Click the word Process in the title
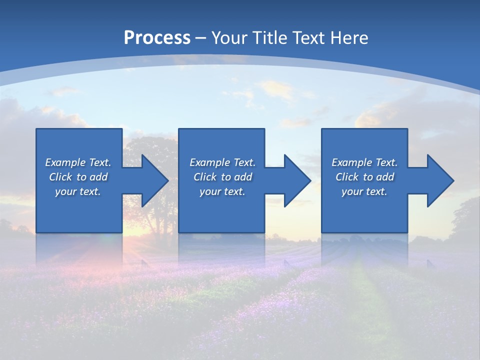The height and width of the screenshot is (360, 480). coord(157,38)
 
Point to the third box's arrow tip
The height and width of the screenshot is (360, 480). coord(453,180)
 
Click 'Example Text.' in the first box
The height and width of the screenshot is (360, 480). coord(78,162)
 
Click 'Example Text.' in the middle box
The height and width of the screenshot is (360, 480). coord(222,162)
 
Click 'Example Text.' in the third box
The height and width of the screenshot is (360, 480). coord(364,162)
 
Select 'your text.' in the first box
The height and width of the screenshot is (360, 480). coord(78,191)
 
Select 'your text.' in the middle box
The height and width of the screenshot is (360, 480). coord(222,191)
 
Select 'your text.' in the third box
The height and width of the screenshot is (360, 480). coord(364,191)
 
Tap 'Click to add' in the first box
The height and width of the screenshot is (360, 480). coord(78,177)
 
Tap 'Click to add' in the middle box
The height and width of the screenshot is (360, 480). coord(222,177)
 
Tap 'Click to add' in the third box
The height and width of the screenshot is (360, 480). coord(364,177)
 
